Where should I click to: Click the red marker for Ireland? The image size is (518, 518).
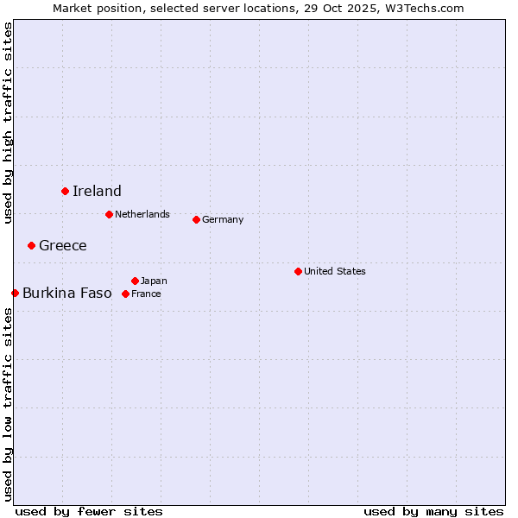[x=65, y=191]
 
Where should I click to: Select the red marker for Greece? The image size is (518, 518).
[x=32, y=245]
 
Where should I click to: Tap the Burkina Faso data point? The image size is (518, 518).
[x=15, y=293]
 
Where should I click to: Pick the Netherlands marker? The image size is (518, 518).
[x=109, y=214]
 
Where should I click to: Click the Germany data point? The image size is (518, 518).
[x=196, y=219]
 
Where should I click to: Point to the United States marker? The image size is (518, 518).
[x=298, y=271]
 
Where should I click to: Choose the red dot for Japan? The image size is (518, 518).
[x=135, y=281]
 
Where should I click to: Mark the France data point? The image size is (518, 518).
[x=125, y=294]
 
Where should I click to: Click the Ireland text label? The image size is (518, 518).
[x=97, y=192]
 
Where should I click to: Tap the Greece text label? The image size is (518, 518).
[x=63, y=246]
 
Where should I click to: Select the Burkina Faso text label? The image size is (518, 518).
[x=67, y=294]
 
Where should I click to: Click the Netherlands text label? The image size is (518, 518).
[x=142, y=215]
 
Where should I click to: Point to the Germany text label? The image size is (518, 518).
[x=223, y=220]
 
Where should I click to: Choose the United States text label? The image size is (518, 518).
[x=335, y=272]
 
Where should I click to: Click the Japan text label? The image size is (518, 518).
[x=154, y=281]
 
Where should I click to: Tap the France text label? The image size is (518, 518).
[x=146, y=294]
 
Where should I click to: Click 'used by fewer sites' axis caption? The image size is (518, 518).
[x=89, y=511]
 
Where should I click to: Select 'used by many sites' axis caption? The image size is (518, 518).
[x=433, y=511]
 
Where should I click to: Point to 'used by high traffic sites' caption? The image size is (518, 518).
[x=9, y=123]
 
